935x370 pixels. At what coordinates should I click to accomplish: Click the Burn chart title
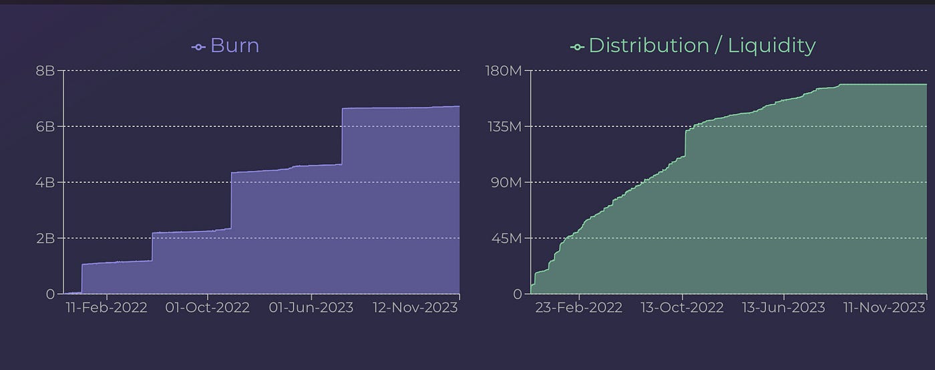pyautogui.click(x=234, y=45)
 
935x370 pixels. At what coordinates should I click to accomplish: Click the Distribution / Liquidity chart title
pyautogui.click(x=701, y=45)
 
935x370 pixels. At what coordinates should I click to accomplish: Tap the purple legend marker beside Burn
pyautogui.click(x=198, y=47)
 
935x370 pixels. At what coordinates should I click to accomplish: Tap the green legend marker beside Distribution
pyautogui.click(x=576, y=47)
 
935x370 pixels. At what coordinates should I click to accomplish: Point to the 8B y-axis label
pyautogui.click(x=45, y=70)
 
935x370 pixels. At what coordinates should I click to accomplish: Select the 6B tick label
pyautogui.click(x=45, y=126)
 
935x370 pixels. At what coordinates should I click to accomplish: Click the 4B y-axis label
pyautogui.click(x=45, y=182)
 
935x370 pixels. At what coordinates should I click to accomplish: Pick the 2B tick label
pyautogui.click(x=45, y=238)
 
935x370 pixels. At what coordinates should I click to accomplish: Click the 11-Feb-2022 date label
pyautogui.click(x=106, y=307)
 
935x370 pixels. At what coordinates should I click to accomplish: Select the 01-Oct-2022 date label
pyautogui.click(x=208, y=307)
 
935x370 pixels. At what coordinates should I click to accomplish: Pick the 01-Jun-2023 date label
pyautogui.click(x=311, y=307)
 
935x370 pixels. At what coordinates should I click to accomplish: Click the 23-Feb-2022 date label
pyautogui.click(x=579, y=307)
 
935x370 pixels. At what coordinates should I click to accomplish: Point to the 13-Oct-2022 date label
pyautogui.click(x=682, y=307)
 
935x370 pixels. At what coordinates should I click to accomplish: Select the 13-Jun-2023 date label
pyautogui.click(x=783, y=307)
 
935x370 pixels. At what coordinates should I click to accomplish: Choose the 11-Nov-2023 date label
pyautogui.click(x=884, y=307)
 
